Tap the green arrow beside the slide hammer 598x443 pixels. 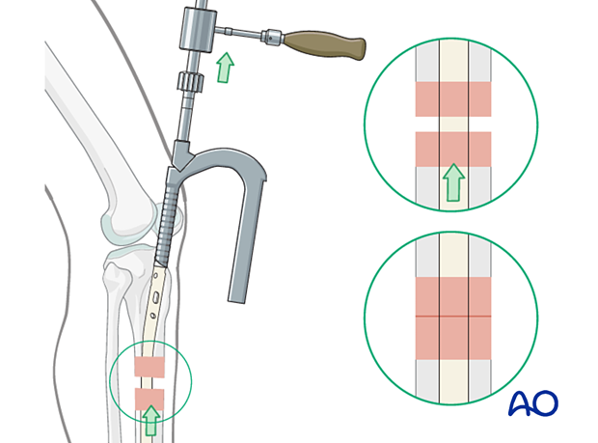(x=225, y=69)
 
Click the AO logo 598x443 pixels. (x=532, y=402)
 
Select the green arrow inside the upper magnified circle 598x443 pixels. (x=452, y=182)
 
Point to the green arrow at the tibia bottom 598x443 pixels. (x=150, y=418)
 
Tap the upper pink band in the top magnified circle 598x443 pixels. (x=452, y=98)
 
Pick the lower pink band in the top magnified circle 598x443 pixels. (x=452, y=149)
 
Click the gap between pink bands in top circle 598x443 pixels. (x=452, y=124)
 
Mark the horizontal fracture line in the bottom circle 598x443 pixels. (x=452, y=316)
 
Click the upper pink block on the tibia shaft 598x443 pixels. (x=149, y=366)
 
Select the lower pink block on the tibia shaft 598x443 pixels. (x=149, y=398)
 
